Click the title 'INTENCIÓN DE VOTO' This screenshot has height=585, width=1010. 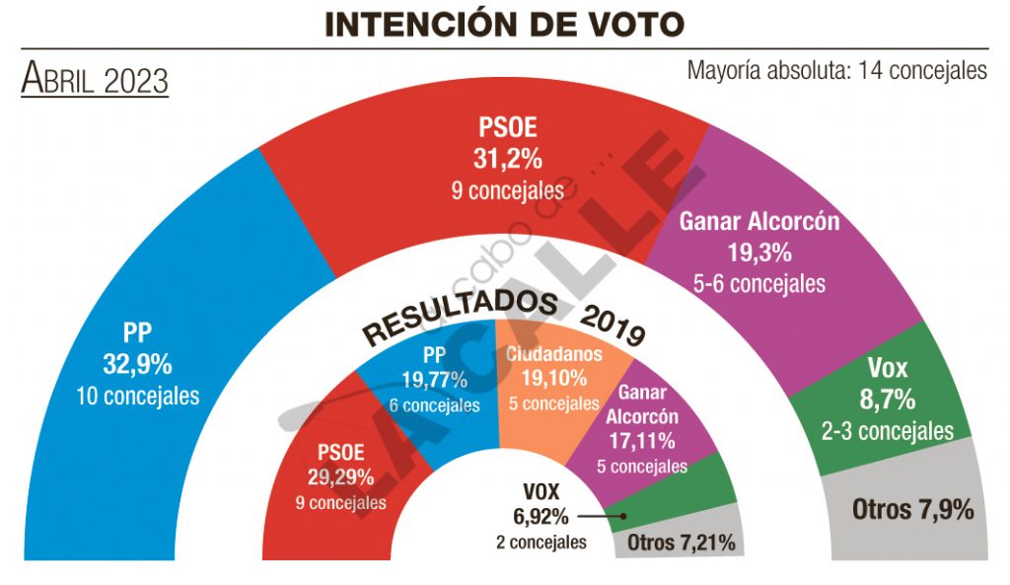click(504, 25)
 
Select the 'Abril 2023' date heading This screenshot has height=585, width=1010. click(95, 79)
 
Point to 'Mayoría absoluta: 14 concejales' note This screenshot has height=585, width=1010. click(836, 71)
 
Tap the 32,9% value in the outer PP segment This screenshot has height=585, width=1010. click(137, 364)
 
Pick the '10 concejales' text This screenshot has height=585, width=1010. click(137, 397)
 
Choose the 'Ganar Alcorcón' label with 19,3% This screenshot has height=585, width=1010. click(758, 221)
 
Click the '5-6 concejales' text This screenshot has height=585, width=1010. click(758, 284)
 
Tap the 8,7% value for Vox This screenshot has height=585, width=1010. click(888, 401)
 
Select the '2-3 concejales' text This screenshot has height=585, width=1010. click(888, 431)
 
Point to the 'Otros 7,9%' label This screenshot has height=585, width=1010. click(912, 510)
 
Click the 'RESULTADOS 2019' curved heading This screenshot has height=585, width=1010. click(503, 317)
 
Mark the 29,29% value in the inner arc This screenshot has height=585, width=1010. click(340, 477)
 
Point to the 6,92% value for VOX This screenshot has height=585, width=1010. click(541, 515)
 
